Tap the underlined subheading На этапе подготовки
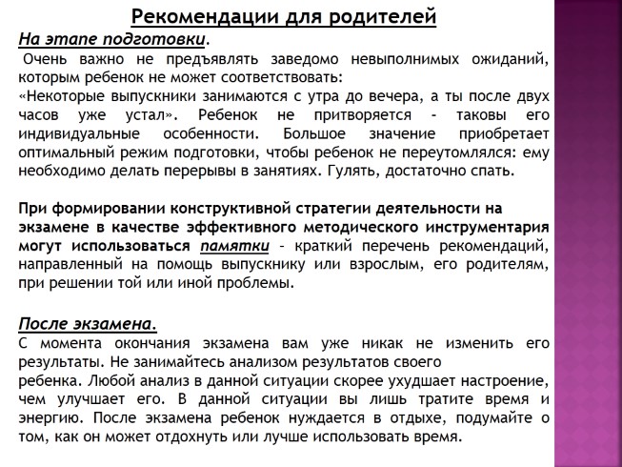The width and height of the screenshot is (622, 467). coord(111,39)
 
